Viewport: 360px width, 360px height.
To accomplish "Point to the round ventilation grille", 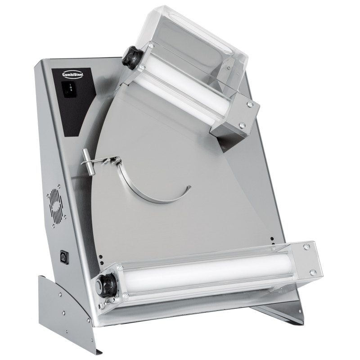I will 55,206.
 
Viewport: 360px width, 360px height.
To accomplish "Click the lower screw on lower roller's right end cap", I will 312,273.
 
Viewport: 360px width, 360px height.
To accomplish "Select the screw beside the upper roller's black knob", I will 142,67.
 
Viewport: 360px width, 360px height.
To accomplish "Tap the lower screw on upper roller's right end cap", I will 242,125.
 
